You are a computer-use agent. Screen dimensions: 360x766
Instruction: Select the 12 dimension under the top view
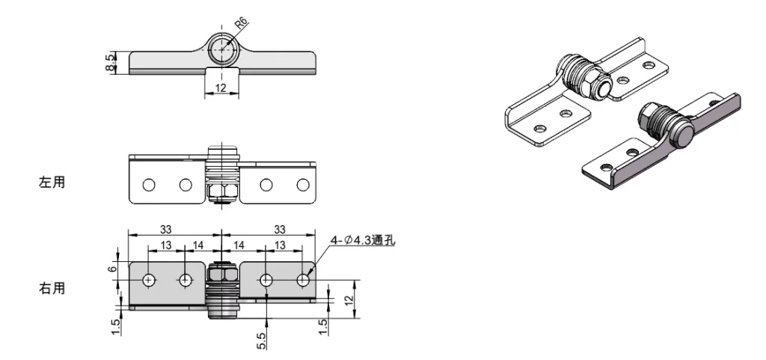[222, 88]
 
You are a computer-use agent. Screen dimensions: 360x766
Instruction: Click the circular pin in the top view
[222, 50]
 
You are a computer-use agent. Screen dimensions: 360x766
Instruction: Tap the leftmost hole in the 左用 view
[149, 184]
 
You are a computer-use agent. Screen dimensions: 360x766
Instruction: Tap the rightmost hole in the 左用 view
[302, 184]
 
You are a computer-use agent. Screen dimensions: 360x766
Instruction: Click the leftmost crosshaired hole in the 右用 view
[150, 280]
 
